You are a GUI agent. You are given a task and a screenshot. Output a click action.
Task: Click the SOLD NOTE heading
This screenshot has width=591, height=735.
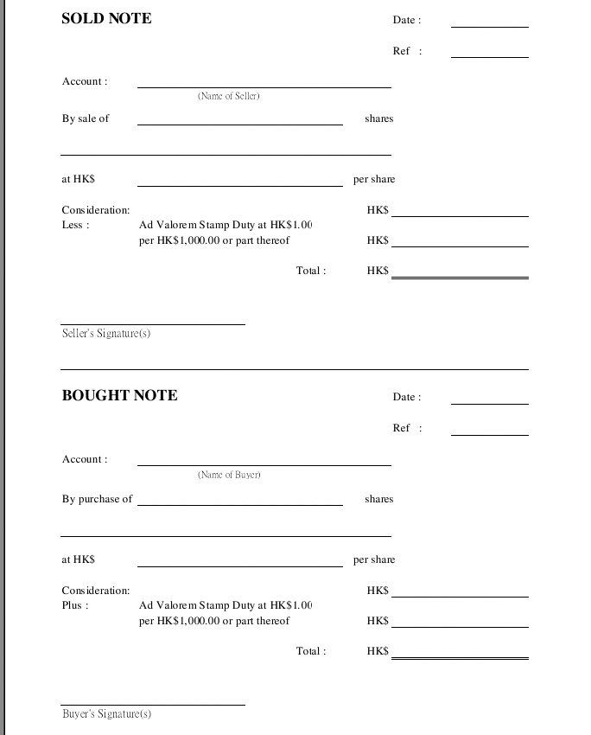click(x=106, y=18)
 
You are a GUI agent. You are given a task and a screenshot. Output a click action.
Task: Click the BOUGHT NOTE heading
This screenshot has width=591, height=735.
click(x=119, y=395)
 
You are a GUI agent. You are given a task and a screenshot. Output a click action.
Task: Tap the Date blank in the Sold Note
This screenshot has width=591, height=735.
click(x=489, y=25)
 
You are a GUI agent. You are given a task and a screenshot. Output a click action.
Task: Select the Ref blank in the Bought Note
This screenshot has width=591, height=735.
click(x=489, y=433)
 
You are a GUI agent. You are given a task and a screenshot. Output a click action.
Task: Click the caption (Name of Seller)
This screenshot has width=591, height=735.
click(x=229, y=96)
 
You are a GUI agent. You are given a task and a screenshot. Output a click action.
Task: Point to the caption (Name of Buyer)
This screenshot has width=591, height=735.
click(x=229, y=475)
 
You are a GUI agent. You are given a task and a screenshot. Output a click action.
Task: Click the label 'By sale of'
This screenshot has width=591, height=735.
click(x=86, y=118)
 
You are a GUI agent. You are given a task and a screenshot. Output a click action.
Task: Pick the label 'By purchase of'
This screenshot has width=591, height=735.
click(x=97, y=499)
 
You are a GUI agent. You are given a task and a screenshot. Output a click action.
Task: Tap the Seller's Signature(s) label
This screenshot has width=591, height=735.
click(x=106, y=333)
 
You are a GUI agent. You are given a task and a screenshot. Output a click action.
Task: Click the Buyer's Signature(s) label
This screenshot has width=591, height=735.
click(x=106, y=713)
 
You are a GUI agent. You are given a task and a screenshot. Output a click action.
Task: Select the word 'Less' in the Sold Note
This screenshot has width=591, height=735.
click(x=73, y=225)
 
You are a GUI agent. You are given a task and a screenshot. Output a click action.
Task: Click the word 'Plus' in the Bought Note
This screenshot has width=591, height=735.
click(x=73, y=605)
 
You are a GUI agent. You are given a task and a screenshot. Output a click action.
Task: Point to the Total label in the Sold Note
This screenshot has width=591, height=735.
click(x=311, y=271)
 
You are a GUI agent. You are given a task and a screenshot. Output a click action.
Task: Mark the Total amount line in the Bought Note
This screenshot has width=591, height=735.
click(x=460, y=658)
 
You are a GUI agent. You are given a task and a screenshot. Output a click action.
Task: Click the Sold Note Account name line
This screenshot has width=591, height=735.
click(x=264, y=86)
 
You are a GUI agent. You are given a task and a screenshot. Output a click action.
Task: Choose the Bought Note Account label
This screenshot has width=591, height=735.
click(x=85, y=459)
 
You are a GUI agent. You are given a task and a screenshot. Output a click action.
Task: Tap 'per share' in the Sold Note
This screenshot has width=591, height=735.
click(x=374, y=179)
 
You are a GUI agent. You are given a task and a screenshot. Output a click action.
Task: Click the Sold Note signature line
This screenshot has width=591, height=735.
click(x=153, y=323)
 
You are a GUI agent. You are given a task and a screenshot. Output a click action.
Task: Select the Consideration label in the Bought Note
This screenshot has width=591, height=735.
click(x=96, y=591)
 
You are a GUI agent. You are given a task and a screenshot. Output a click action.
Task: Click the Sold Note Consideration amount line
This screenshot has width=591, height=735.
click(x=460, y=215)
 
